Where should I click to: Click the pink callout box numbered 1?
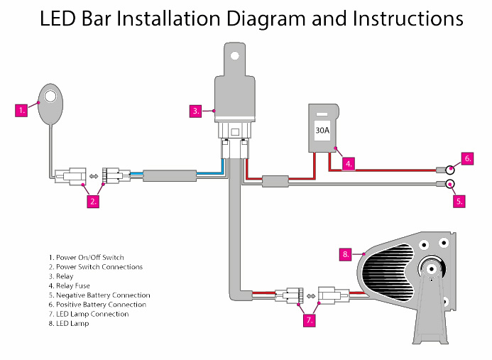23,110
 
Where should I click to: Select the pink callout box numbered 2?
93,201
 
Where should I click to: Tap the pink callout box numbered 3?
196,111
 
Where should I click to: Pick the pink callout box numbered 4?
348,163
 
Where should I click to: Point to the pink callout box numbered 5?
459,201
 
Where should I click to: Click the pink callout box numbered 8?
346,253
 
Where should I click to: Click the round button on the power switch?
50,96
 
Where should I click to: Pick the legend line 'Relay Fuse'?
69,285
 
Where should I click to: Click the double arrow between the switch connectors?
92,175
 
